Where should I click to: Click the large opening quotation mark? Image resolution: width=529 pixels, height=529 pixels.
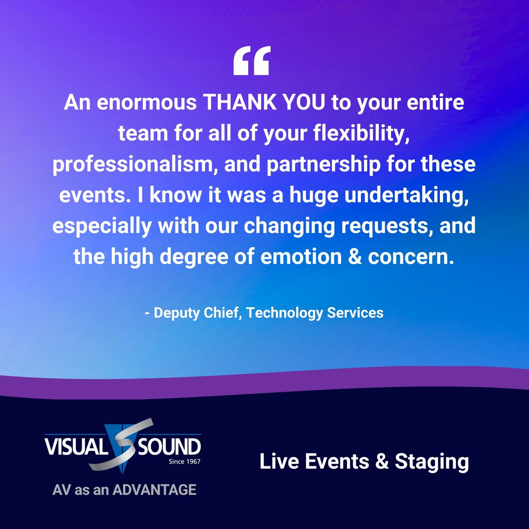[251, 62]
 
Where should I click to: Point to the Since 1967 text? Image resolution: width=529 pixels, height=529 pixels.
[184, 462]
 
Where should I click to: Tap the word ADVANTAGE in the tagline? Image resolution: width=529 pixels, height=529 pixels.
[154, 490]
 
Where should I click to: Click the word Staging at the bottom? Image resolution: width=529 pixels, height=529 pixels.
[432, 462]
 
